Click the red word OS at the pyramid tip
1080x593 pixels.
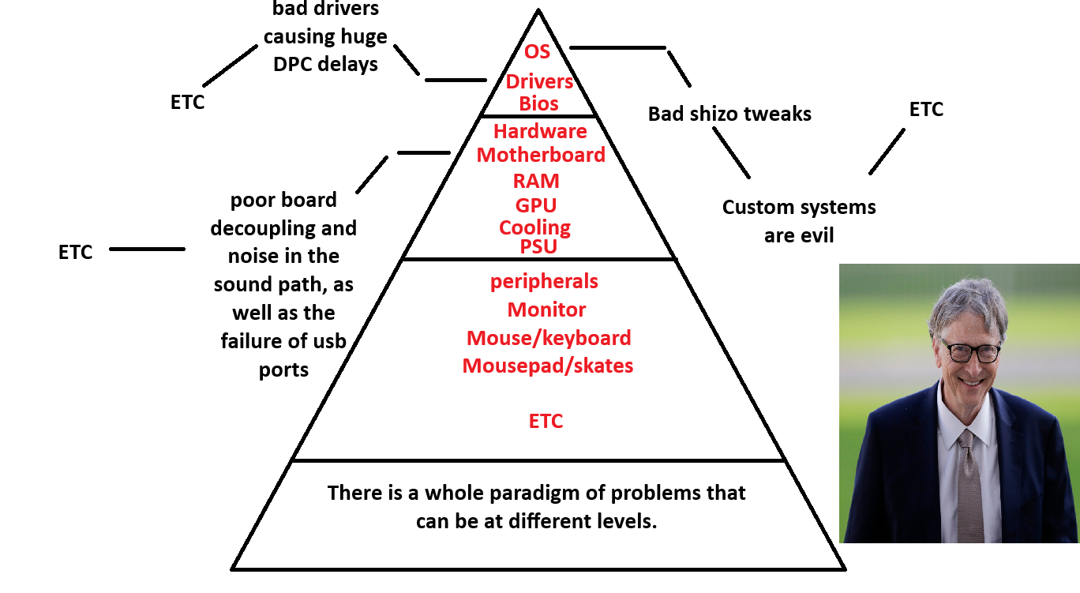click(537, 52)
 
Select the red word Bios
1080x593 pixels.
click(538, 103)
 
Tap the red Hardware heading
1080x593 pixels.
click(540, 131)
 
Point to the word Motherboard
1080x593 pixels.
click(541, 155)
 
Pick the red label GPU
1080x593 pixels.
click(536, 205)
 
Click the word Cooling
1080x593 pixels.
click(534, 228)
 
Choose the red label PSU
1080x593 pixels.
click(538, 246)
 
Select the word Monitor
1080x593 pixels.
click(546, 310)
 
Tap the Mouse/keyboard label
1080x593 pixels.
click(549, 338)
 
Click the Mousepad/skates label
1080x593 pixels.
click(547, 366)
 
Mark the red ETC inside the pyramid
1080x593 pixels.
click(546, 421)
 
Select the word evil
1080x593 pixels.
click(816, 236)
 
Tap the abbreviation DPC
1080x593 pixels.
click(292, 65)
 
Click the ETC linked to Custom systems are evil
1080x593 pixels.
click(926, 110)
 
